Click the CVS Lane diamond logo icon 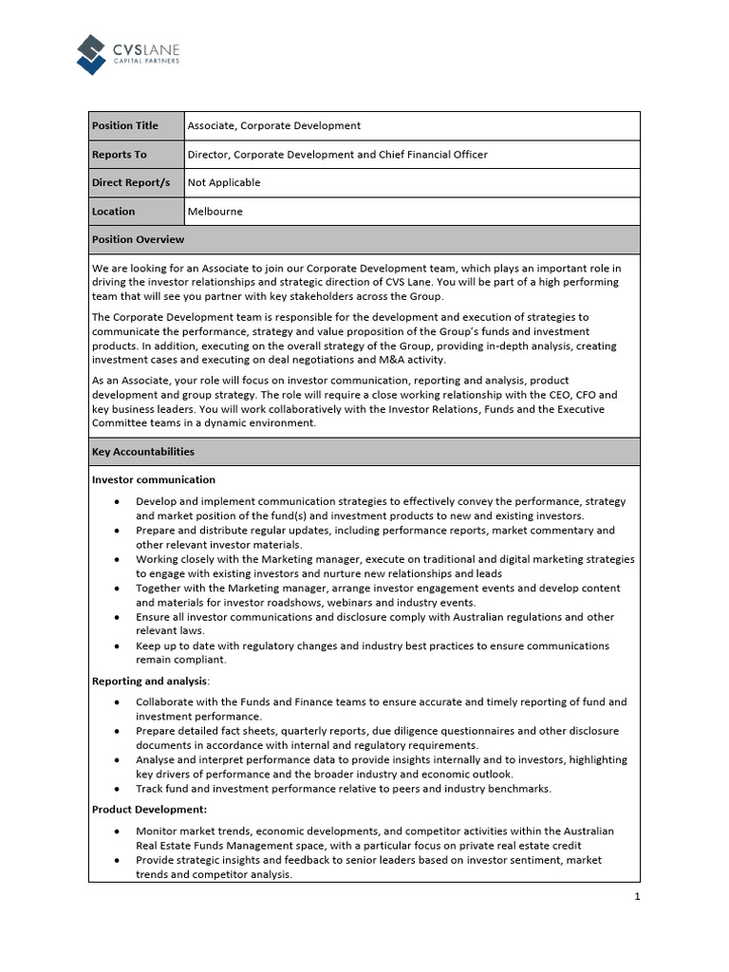91,54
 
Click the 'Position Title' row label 125,125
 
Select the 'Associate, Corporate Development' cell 274,125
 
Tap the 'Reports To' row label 120,154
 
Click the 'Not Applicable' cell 224,182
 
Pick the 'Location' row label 114,211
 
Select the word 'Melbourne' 215,211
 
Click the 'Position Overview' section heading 138,239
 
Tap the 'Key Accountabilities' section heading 143,452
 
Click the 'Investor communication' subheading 154,479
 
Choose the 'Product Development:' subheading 150,809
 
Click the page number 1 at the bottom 637,896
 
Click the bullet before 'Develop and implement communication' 116,501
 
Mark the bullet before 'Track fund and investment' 116,789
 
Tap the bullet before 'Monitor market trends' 116,831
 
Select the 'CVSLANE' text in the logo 146,47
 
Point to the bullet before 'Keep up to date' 116,645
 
